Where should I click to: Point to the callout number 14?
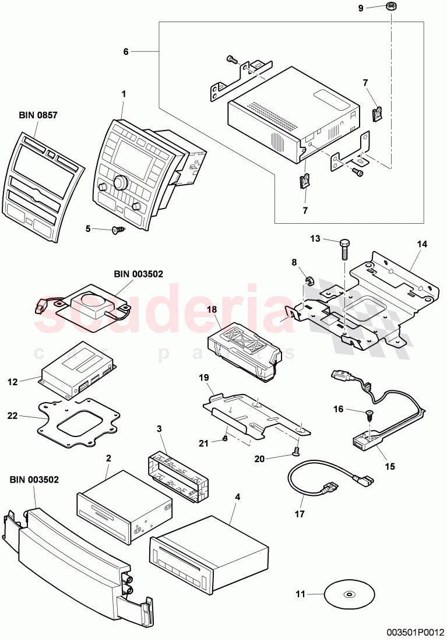tap(421, 244)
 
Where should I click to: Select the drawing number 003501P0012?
tap(414, 631)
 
